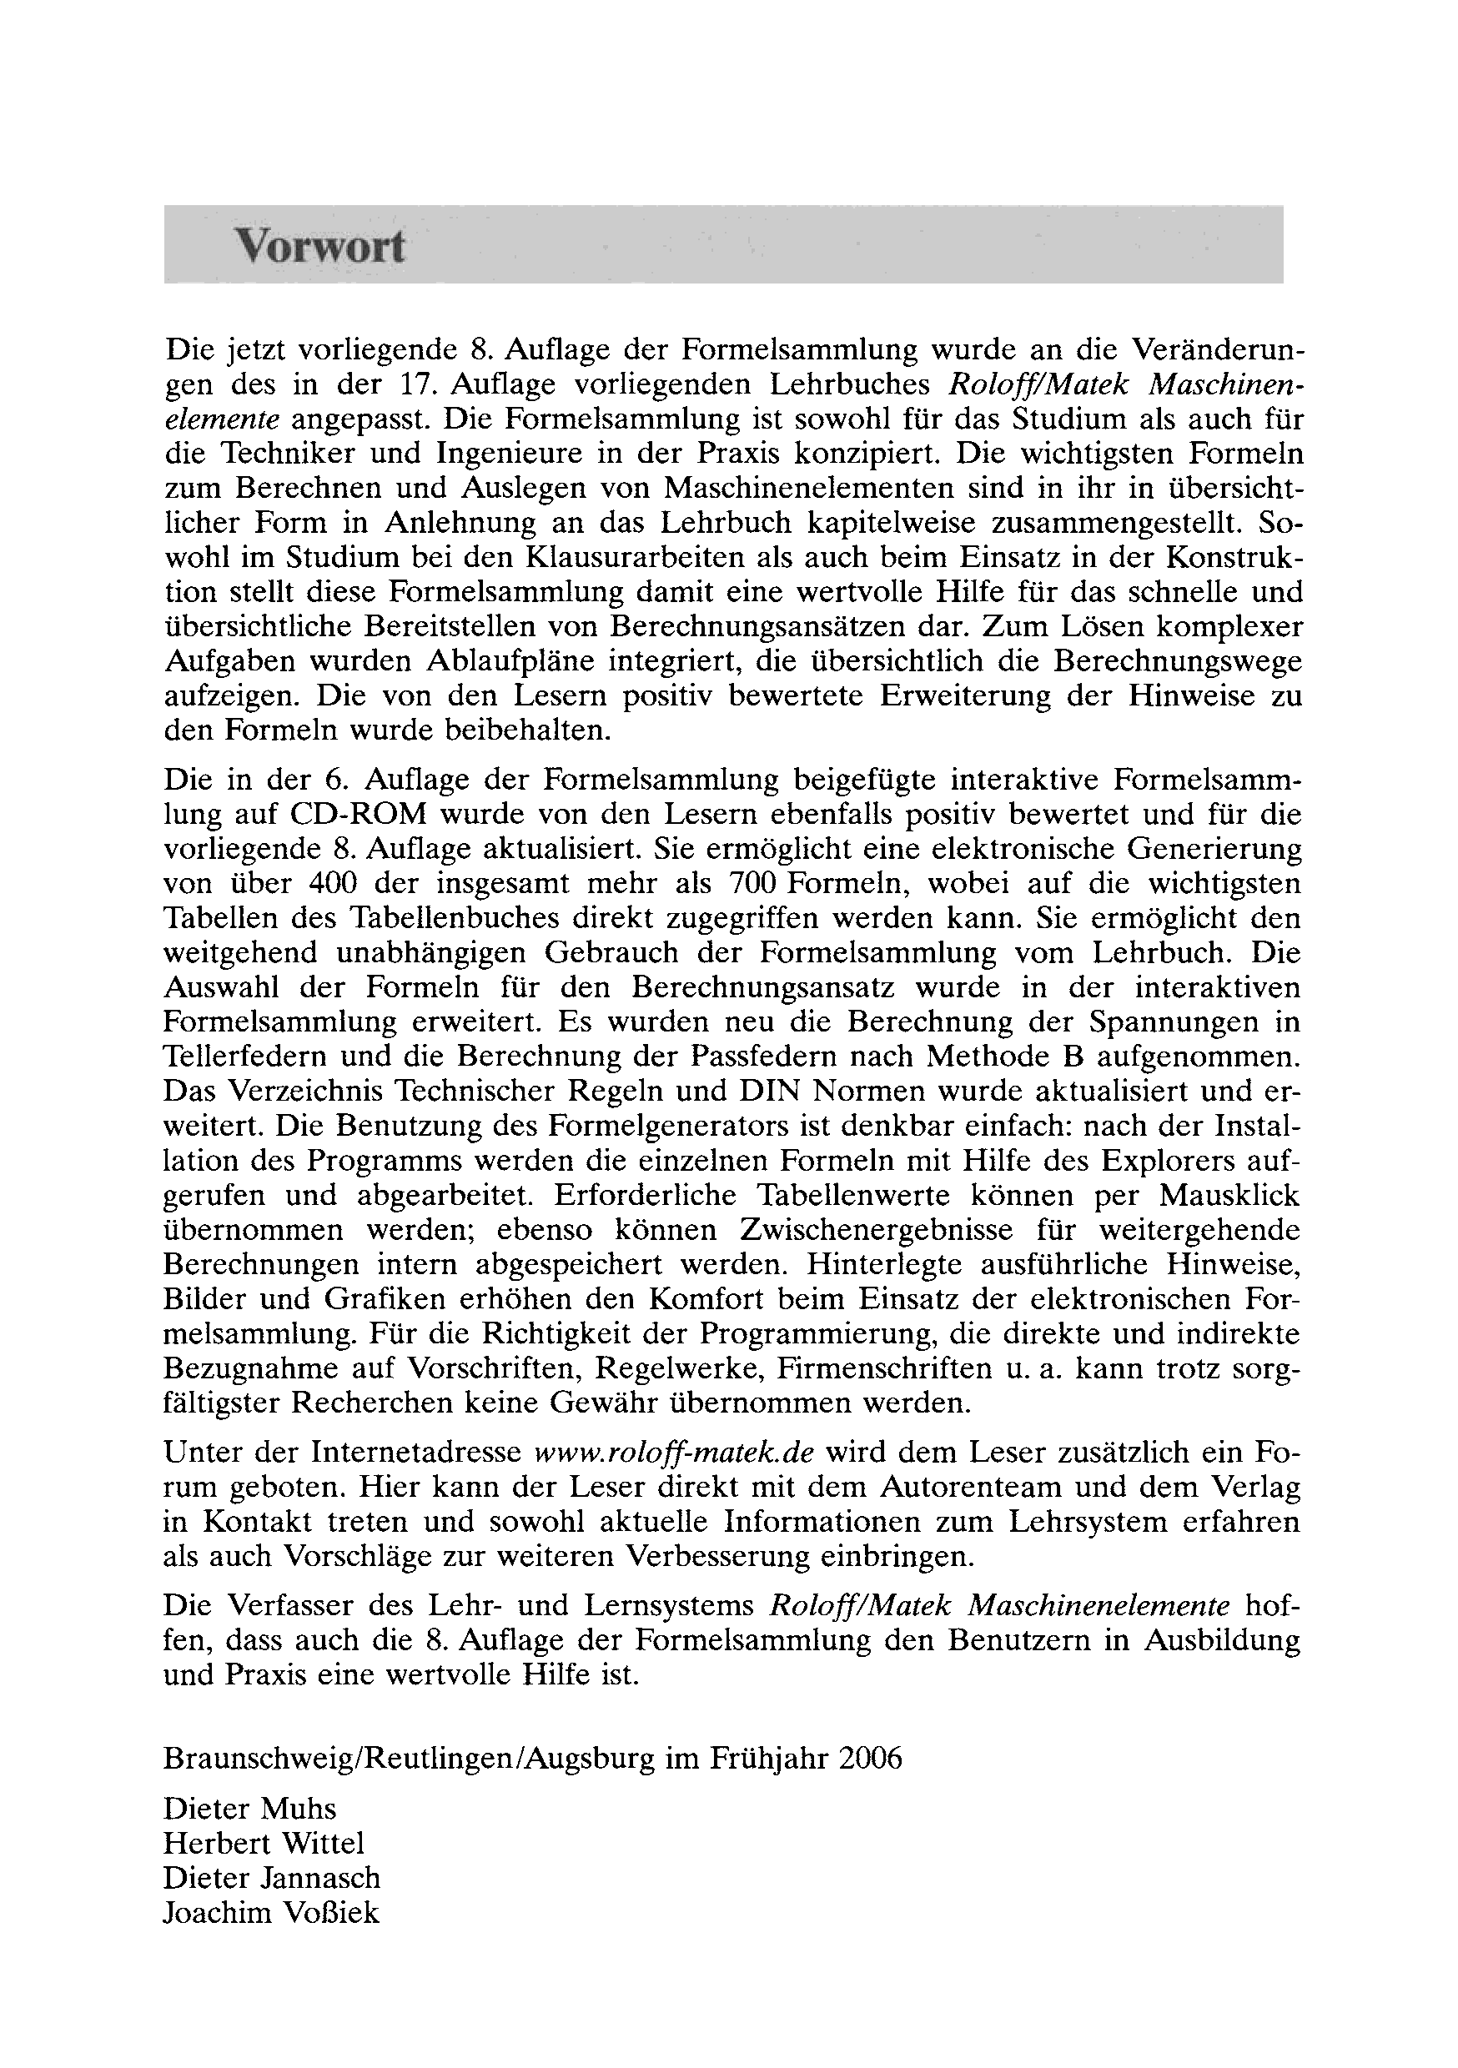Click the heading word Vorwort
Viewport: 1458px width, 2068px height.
(319, 246)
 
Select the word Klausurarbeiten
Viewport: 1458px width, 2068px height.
(636, 559)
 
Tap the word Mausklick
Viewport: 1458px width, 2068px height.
(1229, 1196)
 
